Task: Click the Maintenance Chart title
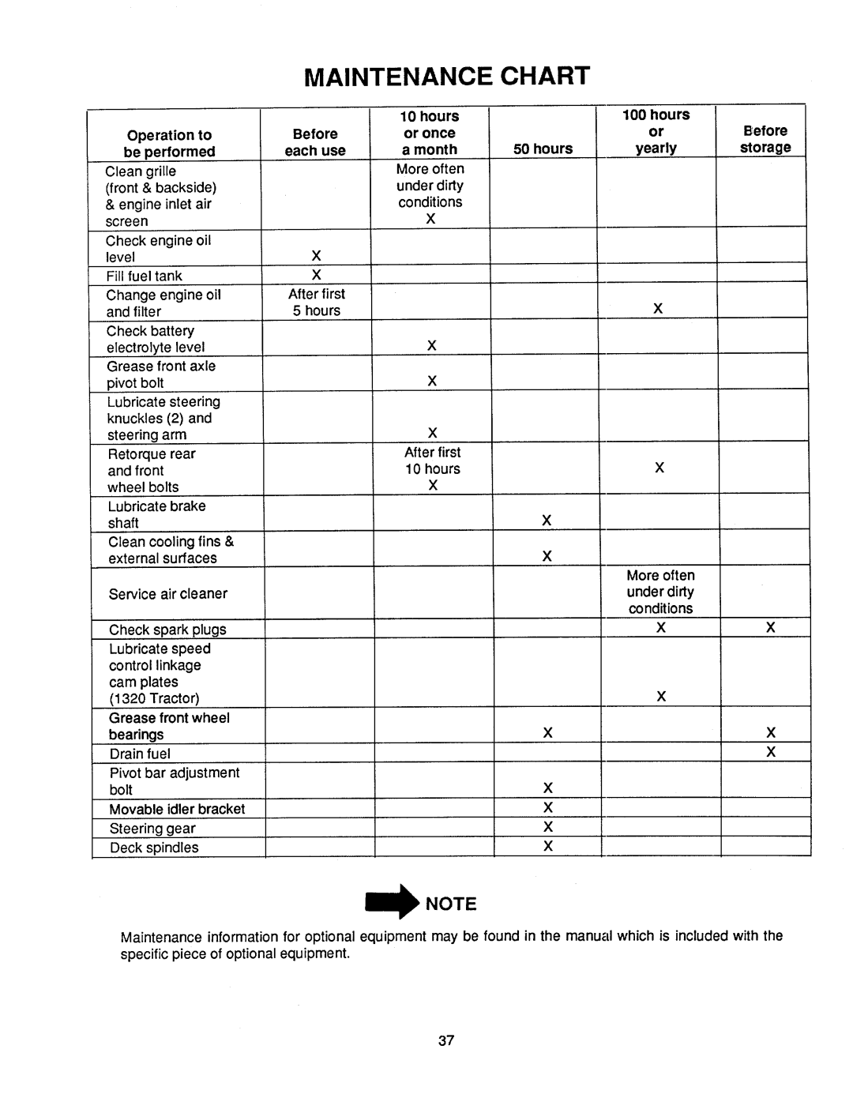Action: pos(447,77)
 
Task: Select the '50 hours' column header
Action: pos(543,149)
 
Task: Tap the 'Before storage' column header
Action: pos(765,139)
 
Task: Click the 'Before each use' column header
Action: pos(315,142)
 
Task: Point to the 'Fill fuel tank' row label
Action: pos(145,276)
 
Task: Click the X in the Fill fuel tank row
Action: pos(316,275)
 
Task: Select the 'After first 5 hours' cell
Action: pos(317,303)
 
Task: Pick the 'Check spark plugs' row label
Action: pos(167,630)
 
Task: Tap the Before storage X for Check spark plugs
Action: pos(771,628)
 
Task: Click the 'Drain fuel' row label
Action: pos(140,754)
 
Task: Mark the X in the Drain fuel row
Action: pos(771,752)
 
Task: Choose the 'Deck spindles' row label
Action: pos(154,848)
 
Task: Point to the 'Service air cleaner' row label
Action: pos(168,594)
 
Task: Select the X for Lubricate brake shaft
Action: pos(546,520)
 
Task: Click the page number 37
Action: pos(446,1040)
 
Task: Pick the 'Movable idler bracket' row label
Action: pos(177,809)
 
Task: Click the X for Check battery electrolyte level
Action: pos(432,345)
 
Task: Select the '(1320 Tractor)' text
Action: pos(154,698)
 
